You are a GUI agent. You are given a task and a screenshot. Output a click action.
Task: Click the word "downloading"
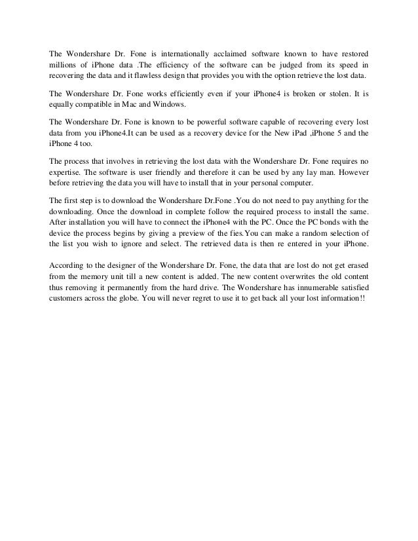point(71,214)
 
